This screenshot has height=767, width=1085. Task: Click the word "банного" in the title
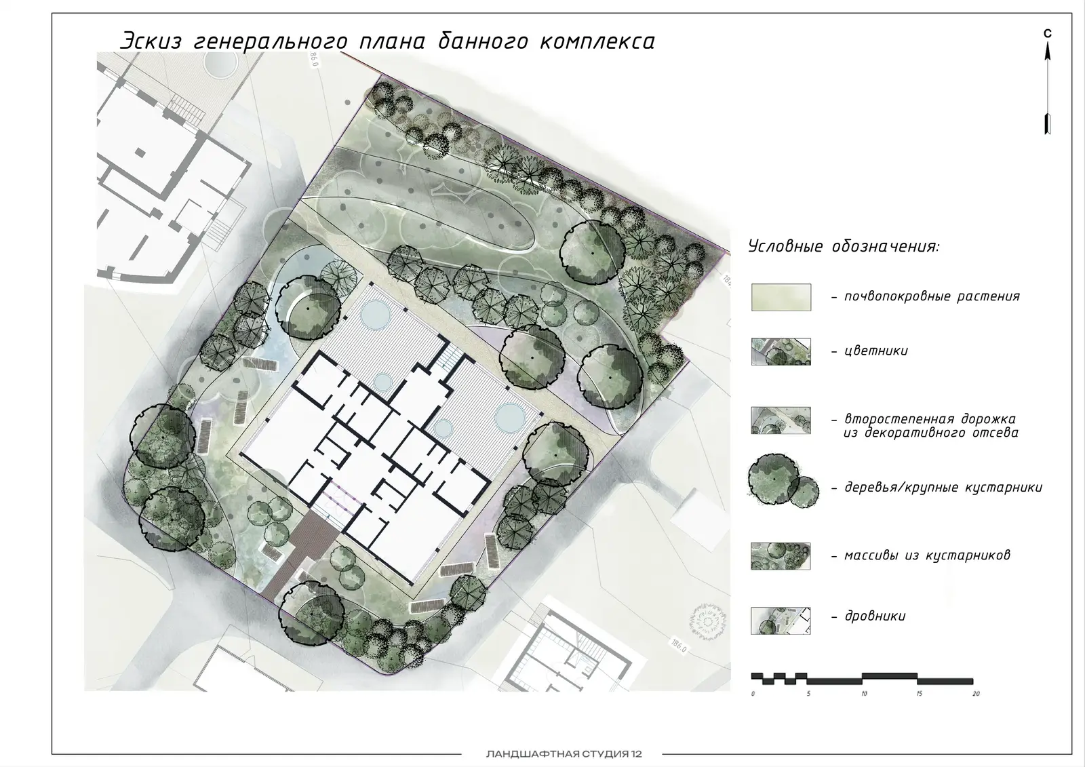pyautogui.click(x=483, y=41)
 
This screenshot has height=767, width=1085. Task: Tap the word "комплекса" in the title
pyautogui.click(x=597, y=41)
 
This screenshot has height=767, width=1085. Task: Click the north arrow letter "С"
pyautogui.click(x=1048, y=33)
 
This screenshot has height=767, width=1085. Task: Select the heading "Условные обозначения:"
pyautogui.click(x=844, y=246)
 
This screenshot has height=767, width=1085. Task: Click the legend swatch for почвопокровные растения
pyautogui.click(x=781, y=297)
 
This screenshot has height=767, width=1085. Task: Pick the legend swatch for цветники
pyautogui.click(x=781, y=351)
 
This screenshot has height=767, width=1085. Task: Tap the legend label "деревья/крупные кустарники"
pyautogui.click(x=943, y=487)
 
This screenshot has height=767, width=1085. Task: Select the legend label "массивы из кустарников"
pyautogui.click(x=927, y=555)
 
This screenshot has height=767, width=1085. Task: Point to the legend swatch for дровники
pyautogui.click(x=781, y=621)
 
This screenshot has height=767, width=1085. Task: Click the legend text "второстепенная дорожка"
pyautogui.click(x=930, y=418)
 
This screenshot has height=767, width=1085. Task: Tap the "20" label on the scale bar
pyautogui.click(x=976, y=694)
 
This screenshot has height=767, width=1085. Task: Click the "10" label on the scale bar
pyautogui.click(x=864, y=694)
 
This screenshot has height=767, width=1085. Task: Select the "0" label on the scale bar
pyautogui.click(x=753, y=694)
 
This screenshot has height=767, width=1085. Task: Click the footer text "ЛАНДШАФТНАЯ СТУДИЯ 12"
pyautogui.click(x=564, y=754)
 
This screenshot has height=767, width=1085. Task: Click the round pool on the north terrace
pyautogui.click(x=376, y=315)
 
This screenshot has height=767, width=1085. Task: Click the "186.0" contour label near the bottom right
pyautogui.click(x=679, y=646)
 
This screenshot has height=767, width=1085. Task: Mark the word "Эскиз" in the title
pyautogui.click(x=151, y=41)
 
